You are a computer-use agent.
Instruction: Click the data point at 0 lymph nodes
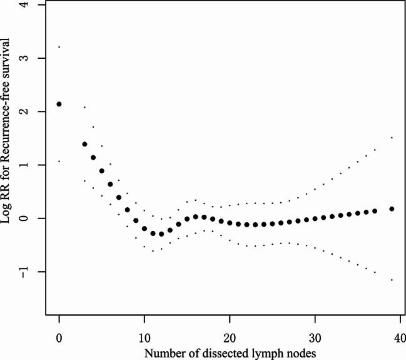tap(59, 104)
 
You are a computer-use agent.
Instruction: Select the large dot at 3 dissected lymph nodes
tap(84, 144)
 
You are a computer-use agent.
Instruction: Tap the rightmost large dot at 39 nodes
tap(392, 208)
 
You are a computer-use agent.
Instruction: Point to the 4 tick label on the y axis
tap(33, 5)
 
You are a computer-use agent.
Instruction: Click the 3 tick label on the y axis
tap(33, 58)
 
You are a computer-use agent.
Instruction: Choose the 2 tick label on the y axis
tap(33, 111)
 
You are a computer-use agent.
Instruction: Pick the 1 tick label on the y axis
tap(33, 165)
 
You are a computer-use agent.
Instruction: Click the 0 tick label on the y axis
tap(33, 218)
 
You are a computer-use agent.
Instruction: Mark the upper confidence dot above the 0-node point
tap(59, 47)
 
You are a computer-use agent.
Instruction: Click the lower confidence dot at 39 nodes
tap(392, 280)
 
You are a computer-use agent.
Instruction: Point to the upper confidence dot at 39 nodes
tap(392, 137)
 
